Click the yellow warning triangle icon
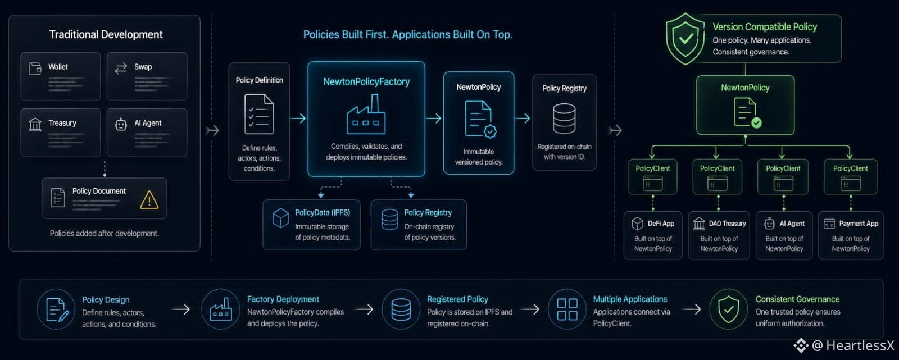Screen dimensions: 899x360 click(149, 199)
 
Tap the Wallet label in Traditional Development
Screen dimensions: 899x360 click(58, 67)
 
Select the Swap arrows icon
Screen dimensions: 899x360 click(121, 69)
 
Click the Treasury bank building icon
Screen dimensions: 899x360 click(35, 125)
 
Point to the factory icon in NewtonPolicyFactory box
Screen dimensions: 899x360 click(366, 115)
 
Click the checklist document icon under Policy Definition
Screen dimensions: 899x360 click(259, 114)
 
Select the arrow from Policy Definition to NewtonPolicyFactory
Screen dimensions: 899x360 click(298, 119)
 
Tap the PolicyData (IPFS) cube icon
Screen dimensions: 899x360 click(280, 218)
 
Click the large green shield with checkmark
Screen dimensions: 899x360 click(685, 39)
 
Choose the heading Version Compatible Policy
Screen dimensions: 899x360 click(765, 27)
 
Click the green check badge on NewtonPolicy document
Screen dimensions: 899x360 click(756, 122)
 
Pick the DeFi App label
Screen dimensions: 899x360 click(661, 224)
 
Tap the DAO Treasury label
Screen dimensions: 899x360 click(727, 224)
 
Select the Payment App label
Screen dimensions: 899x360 click(859, 224)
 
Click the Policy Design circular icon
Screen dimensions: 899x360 click(56, 309)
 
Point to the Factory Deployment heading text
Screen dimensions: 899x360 click(283, 299)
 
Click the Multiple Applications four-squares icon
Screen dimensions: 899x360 click(567, 309)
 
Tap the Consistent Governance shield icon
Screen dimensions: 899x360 click(728, 309)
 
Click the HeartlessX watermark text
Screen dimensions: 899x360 click(860, 345)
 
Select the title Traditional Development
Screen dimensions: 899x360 click(106, 34)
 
